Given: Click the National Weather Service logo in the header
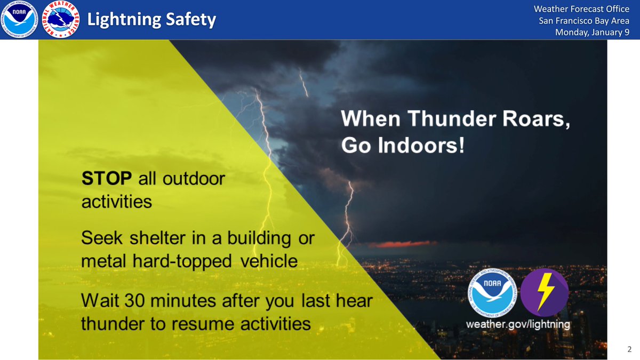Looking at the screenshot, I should tap(60, 20).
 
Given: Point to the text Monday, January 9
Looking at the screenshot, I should tap(592, 32).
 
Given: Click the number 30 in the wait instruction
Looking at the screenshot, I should tap(135, 300).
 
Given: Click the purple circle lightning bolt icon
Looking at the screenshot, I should tap(545, 293).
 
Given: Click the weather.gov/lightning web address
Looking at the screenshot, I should tap(518, 324).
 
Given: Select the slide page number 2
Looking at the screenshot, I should tap(629, 350).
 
